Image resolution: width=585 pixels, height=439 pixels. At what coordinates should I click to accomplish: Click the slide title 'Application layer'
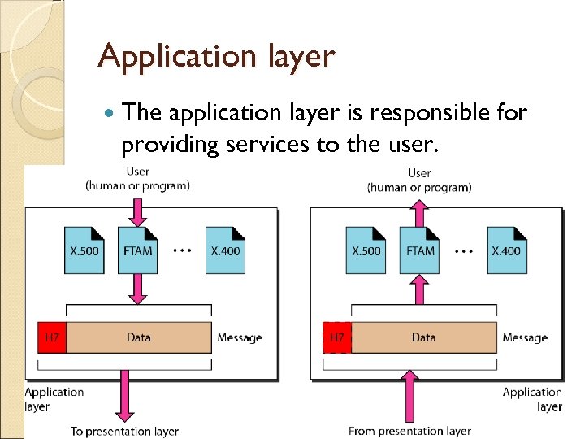215,57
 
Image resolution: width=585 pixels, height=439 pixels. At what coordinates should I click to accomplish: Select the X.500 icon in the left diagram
84,250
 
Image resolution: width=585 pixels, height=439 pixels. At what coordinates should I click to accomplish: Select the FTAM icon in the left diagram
137,250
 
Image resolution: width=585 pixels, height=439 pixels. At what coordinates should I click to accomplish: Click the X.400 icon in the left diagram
225,250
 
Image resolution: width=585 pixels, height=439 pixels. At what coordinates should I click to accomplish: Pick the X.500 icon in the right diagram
366,250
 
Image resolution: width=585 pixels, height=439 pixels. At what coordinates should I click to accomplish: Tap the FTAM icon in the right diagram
419,250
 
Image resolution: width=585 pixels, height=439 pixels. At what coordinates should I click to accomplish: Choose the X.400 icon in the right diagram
507,250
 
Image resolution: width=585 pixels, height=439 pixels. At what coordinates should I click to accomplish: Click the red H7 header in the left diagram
52,337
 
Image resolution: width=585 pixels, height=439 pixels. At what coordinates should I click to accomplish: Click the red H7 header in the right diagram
337,337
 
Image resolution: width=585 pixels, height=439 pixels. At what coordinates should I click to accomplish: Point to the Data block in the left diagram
139,337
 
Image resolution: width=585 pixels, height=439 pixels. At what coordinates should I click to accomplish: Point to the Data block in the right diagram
423,337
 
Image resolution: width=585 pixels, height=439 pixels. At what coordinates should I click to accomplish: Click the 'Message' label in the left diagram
240,337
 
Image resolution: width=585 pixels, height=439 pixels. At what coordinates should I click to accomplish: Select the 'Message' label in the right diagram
525,337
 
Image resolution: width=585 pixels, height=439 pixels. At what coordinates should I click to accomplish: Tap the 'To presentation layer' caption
124,431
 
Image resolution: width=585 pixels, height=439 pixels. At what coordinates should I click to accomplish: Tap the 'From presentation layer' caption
409,431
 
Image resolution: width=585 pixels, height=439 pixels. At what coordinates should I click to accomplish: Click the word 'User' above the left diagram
137,172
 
